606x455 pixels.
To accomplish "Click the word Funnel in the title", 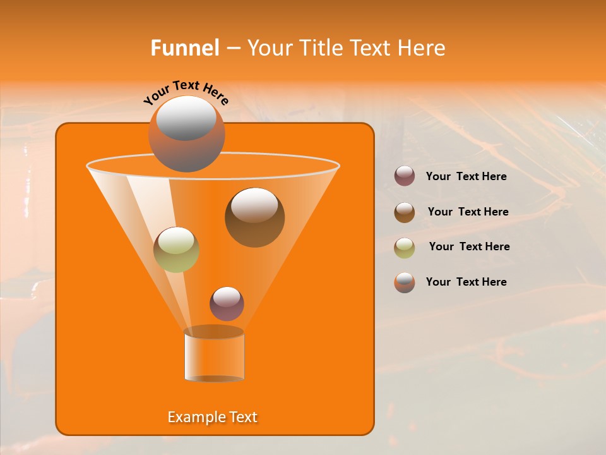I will point(184,48).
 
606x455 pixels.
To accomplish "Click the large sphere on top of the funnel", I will point(186,135).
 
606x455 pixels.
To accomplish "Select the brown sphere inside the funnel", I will point(254,217).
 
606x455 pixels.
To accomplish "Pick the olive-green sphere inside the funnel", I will point(176,250).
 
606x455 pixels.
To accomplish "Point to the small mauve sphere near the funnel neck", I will point(227,304).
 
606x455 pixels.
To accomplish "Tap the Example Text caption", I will point(212,417).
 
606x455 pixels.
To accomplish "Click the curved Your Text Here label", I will point(186,93).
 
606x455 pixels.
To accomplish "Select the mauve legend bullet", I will point(405,176).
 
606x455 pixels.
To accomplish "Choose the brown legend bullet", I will point(405,212).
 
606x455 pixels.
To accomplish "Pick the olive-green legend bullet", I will point(405,248).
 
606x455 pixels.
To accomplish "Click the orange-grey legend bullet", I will point(405,282).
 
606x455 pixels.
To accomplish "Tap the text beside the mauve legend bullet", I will point(466,177).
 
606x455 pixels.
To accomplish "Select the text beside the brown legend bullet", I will point(468,212).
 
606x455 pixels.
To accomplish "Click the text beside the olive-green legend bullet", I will point(469,247).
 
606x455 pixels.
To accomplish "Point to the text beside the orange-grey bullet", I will point(466,282).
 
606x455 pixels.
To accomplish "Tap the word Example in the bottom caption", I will point(192,417).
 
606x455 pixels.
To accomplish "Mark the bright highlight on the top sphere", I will point(186,118).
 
